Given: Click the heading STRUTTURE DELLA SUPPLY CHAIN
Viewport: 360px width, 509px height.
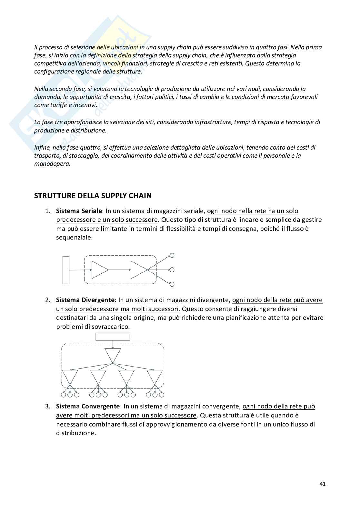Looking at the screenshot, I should pyautogui.click(x=93, y=196).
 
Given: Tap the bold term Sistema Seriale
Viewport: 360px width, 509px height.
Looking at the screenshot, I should pyautogui.click(x=79, y=211).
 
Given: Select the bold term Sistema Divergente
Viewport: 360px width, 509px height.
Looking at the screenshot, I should pyautogui.click(x=85, y=300).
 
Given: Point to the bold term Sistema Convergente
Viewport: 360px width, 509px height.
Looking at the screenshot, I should pyautogui.click(x=88, y=406).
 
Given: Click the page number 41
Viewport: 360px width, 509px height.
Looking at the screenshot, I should pyautogui.click(x=322, y=484).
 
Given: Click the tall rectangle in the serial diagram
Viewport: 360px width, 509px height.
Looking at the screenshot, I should pyautogui.click(x=66, y=270).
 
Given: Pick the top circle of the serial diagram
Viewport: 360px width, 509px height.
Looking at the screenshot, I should pyautogui.click(x=172, y=255).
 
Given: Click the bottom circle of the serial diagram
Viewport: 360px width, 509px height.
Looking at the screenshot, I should pyautogui.click(x=172, y=284).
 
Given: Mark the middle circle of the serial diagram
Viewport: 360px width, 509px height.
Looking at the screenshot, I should pyautogui.click(x=172, y=269).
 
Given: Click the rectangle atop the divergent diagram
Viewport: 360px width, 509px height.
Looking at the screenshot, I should pyautogui.click(x=113, y=337).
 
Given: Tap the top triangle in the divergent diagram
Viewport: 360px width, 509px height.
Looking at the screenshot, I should pyautogui.click(x=113, y=355).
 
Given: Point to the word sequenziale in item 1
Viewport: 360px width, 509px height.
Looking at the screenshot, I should pyautogui.click(x=74, y=238).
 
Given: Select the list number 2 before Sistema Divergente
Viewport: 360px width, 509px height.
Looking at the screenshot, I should pyautogui.click(x=47, y=300).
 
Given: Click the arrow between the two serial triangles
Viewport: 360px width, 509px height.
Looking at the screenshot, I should pyautogui.click(x=119, y=270).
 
